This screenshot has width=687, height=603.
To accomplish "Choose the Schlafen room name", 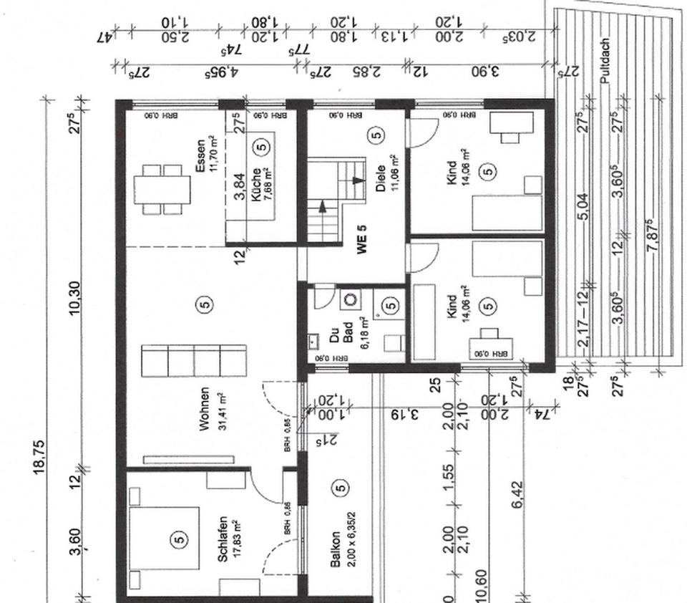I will [223, 539].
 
